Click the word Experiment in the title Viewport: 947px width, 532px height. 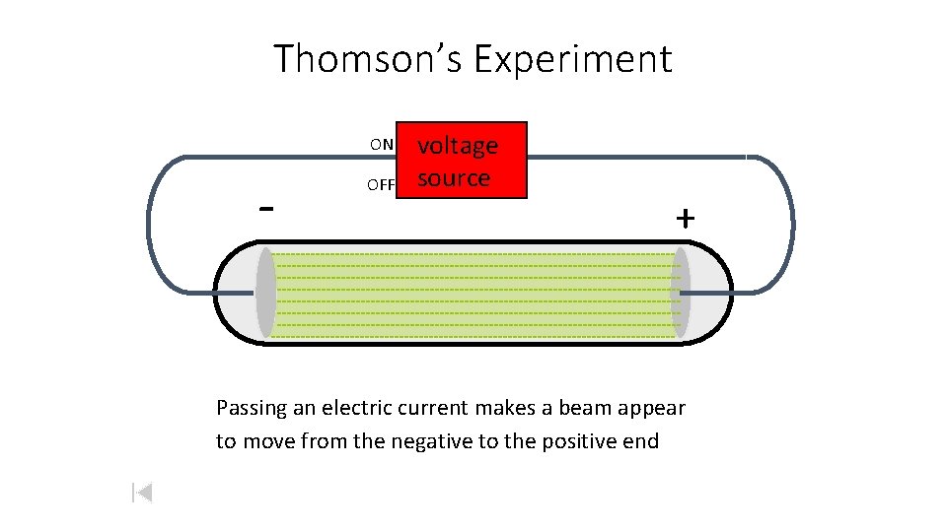coord(572,59)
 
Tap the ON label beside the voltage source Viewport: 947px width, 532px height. coord(382,145)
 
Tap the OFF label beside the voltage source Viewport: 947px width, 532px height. coord(381,184)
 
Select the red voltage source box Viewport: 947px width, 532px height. coord(462,161)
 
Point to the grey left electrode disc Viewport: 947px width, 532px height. coord(265,293)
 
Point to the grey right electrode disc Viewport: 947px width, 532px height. coord(681,293)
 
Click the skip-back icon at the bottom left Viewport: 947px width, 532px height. coord(142,492)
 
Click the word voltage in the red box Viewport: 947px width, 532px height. coord(458,146)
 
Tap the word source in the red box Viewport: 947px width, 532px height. coord(454,178)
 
